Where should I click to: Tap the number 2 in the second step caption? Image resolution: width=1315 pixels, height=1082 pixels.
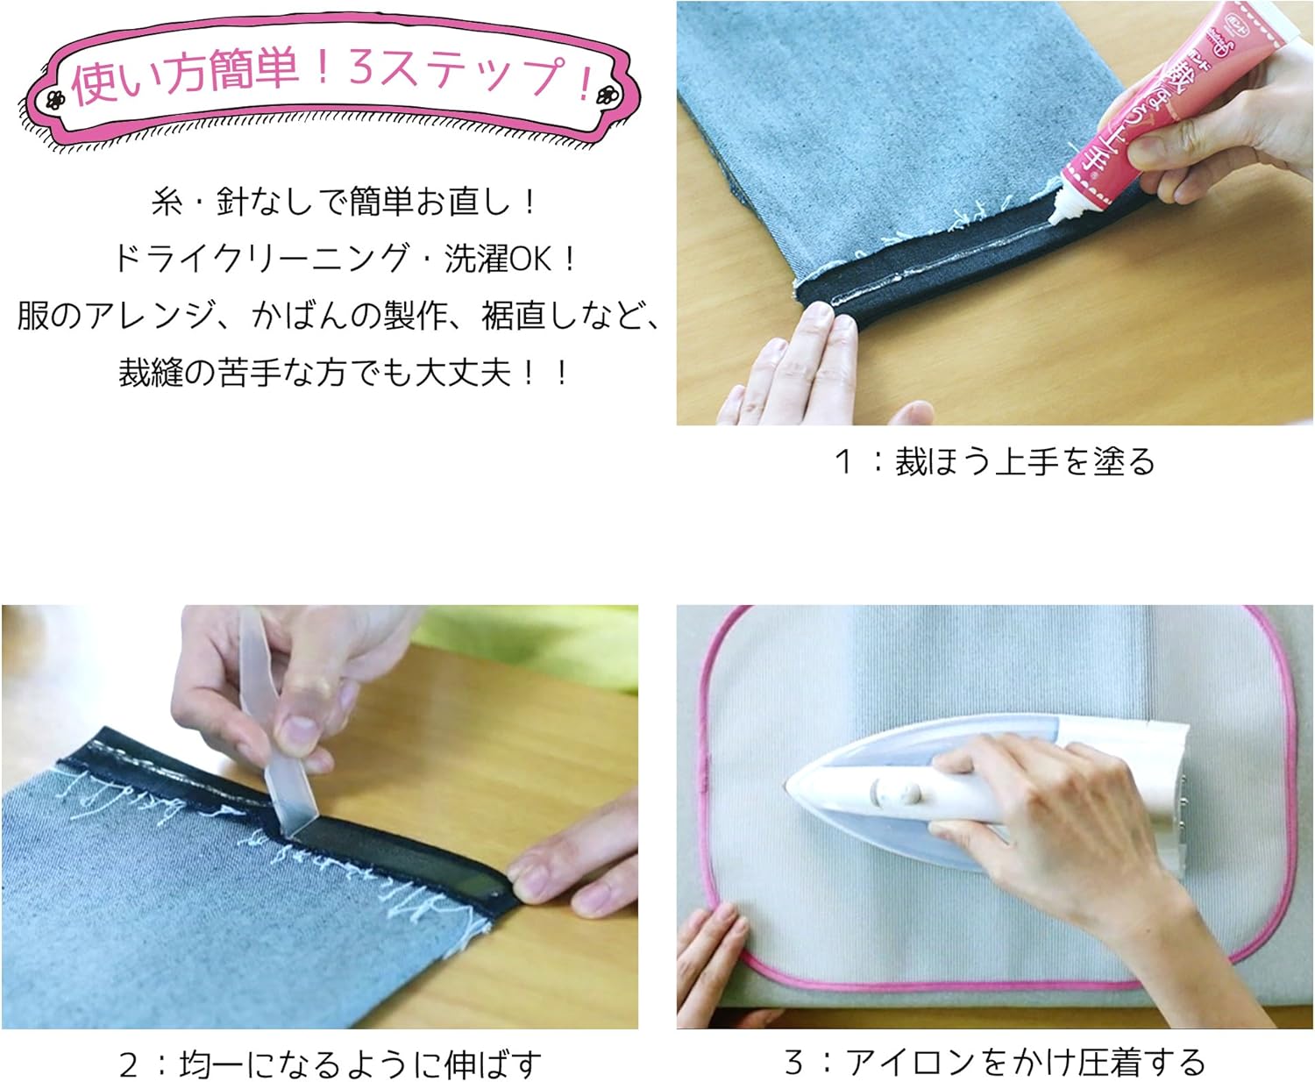pos(129,1064)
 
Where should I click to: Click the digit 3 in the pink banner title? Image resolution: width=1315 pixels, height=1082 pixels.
pos(360,70)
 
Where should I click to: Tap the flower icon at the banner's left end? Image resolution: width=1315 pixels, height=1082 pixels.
pos(56,98)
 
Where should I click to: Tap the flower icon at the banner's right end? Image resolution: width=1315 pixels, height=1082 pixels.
pos(604,95)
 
